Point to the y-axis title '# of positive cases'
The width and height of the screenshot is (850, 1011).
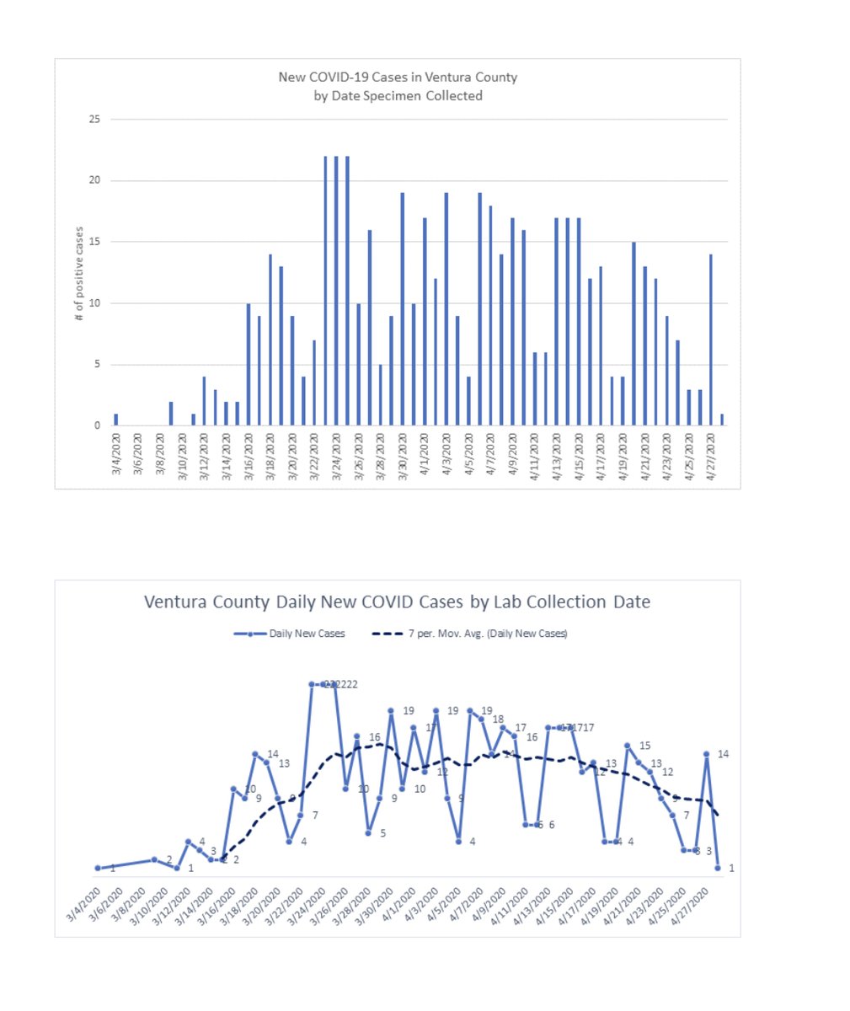pyautogui.click(x=79, y=274)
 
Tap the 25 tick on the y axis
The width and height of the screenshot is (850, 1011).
pyautogui.click(x=94, y=120)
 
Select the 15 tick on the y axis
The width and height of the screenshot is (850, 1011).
pyautogui.click(x=94, y=242)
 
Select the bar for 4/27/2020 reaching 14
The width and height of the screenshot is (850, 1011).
pyautogui.click(x=711, y=340)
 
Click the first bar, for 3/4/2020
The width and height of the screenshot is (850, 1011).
pyautogui.click(x=116, y=420)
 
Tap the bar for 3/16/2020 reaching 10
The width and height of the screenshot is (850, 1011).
pyautogui.click(x=249, y=364)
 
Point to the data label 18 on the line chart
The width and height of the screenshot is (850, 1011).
pyautogui.click(x=498, y=719)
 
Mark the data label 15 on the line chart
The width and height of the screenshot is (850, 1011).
pyautogui.click(x=645, y=746)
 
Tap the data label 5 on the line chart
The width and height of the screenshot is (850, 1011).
pyautogui.click(x=382, y=833)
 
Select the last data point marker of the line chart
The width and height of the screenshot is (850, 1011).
pyautogui.click(x=718, y=868)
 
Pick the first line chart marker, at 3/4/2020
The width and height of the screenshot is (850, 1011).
pyautogui.click(x=99, y=868)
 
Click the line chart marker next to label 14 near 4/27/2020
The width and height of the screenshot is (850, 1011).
pyautogui.click(x=707, y=755)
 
